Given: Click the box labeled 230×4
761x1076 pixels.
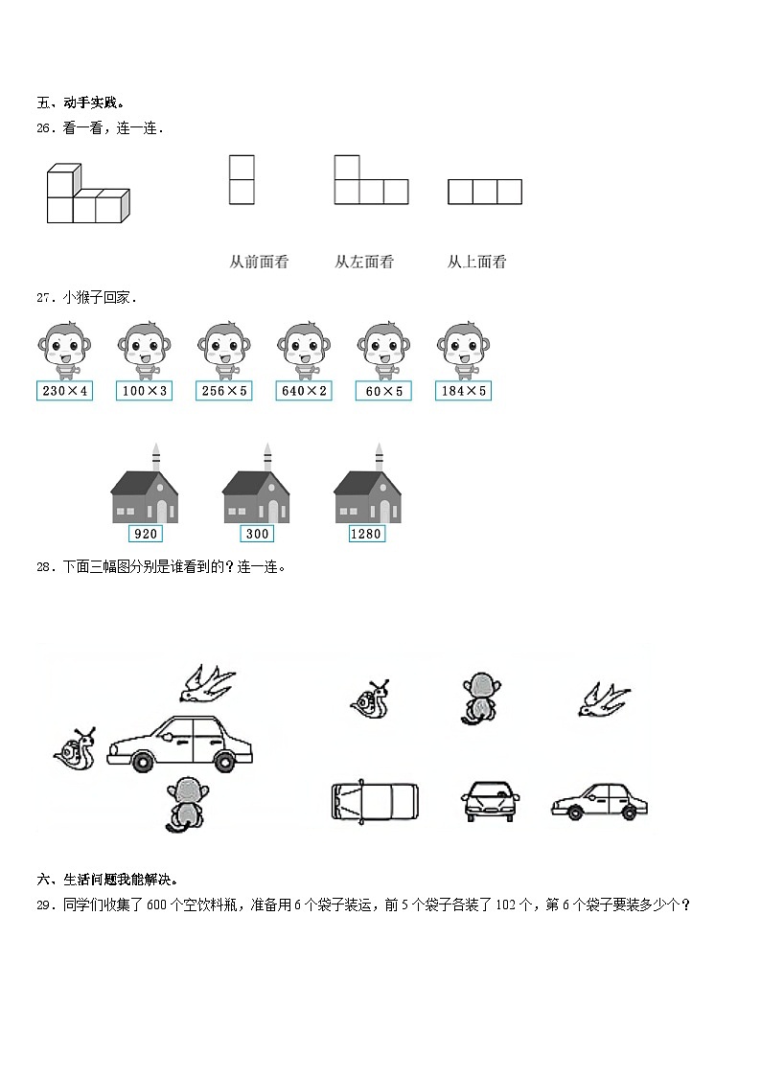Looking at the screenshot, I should coord(65,391).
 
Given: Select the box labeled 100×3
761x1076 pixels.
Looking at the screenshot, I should coord(145,391).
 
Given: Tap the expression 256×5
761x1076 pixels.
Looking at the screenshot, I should coord(224,391).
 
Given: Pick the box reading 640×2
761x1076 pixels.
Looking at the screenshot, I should coord(304,391).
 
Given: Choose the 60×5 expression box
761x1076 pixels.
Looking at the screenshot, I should coord(383,391).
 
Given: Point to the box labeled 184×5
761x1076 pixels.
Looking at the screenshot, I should coord(464,391).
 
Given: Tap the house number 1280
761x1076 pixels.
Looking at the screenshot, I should coord(366,534).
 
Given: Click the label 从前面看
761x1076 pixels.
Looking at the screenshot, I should coord(259,262).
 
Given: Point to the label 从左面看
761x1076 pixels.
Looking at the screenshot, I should coord(364,262).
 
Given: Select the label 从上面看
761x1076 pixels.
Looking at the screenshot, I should coord(476,262).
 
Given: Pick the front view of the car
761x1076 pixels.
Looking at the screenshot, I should coord(491,800).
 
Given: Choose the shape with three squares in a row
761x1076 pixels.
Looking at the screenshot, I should coord(485,192).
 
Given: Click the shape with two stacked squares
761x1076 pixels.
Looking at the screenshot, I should coord(242,179).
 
